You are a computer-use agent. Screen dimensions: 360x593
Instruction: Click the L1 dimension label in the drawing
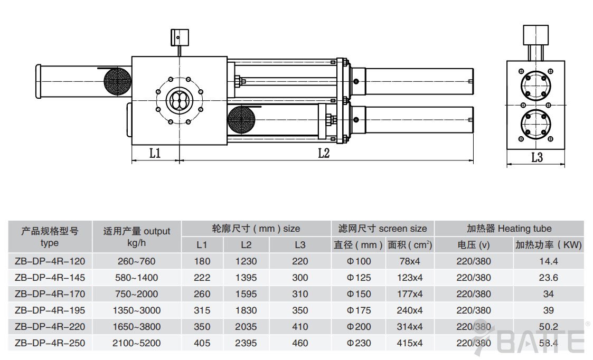[x=155, y=153]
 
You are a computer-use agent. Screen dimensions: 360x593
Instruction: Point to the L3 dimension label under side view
[x=536, y=157]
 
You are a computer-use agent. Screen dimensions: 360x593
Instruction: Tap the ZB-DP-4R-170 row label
[x=50, y=293]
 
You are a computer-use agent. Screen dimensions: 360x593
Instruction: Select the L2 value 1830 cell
[x=246, y=310]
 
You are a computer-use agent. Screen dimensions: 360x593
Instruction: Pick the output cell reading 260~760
[x=136, y=261]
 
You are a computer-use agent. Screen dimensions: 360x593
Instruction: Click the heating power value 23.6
[x=548, y=277]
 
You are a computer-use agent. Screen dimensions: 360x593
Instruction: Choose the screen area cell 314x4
[x=410, y=327]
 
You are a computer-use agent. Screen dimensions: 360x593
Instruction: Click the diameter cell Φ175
[x=359, y=310]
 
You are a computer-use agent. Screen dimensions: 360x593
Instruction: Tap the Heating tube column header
[x=509, y=229]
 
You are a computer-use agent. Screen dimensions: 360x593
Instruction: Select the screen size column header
[x=382, y=229]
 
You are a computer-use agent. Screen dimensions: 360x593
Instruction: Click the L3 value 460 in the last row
[x=299, y=343]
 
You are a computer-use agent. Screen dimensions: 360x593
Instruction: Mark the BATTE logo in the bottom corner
[x=533, y=341]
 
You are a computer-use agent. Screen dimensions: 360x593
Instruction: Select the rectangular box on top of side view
[x=536, y=34]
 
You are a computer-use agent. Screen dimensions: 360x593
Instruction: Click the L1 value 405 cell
[x=202, y=343]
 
